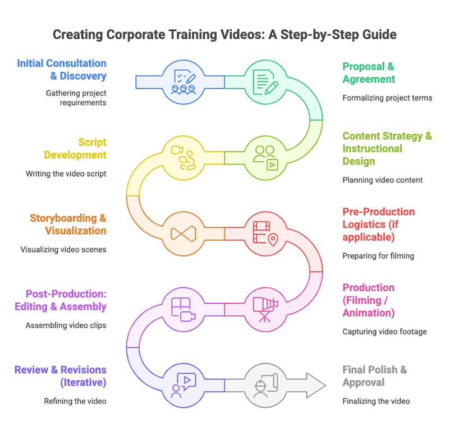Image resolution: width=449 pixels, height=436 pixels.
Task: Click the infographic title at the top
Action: coord(224,35)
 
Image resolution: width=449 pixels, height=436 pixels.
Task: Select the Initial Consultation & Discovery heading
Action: coord(62,70)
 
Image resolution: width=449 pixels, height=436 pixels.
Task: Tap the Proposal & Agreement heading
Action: coord(369,72)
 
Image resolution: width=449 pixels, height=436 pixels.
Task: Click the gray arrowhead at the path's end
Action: coord(315,385)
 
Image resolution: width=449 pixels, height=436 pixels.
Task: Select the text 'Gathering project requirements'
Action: coord(76,98)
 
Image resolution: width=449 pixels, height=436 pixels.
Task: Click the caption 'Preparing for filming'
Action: coord(378,256)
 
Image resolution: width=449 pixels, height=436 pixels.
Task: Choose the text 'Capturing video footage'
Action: coord(384,332)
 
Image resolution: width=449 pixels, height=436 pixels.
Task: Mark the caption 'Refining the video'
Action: coord(75,401)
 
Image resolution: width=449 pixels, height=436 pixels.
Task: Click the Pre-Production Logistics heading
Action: coord(379,224)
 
